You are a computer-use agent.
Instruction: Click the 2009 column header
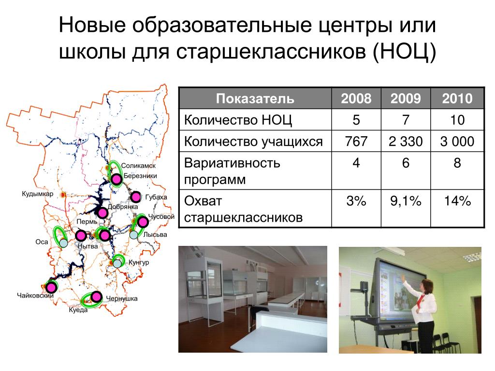pyautogui.click(x=406, y=99)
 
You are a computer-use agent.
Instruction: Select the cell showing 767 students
pyautogui.click(x=356, y=141)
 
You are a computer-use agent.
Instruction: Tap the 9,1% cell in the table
pyautogui.click(x=406, y=201)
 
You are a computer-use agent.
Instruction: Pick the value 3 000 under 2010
pyautogui.click(x=457, y=141)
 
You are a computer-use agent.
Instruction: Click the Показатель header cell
pyautogui.click(x=255, y=99)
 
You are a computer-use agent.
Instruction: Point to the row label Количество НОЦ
pyautogui.click(x=238, y=120)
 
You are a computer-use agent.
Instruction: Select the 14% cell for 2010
pyautogui.click(x=457, y=201)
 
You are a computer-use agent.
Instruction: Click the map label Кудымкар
pyautogui.click(x=38, y=194)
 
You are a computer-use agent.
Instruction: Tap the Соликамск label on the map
pyautogui.click(x=138, y=166)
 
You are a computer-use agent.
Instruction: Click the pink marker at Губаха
pyautogui.click(x=136, y=197)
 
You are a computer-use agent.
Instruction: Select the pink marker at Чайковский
pyautogui.click(x=51, y=287)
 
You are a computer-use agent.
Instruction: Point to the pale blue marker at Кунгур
pyautogui.click(x=117, y=263)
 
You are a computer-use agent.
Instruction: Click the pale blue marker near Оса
pyautogui.click(x=64, y=243)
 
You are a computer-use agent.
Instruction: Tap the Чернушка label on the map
pyautogui.click(x=121, y=299)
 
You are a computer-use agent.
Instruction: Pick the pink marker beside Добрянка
pyautogui.click(x=102, y=213)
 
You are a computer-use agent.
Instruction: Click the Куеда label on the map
pyautogui.click(x=78, y=310)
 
